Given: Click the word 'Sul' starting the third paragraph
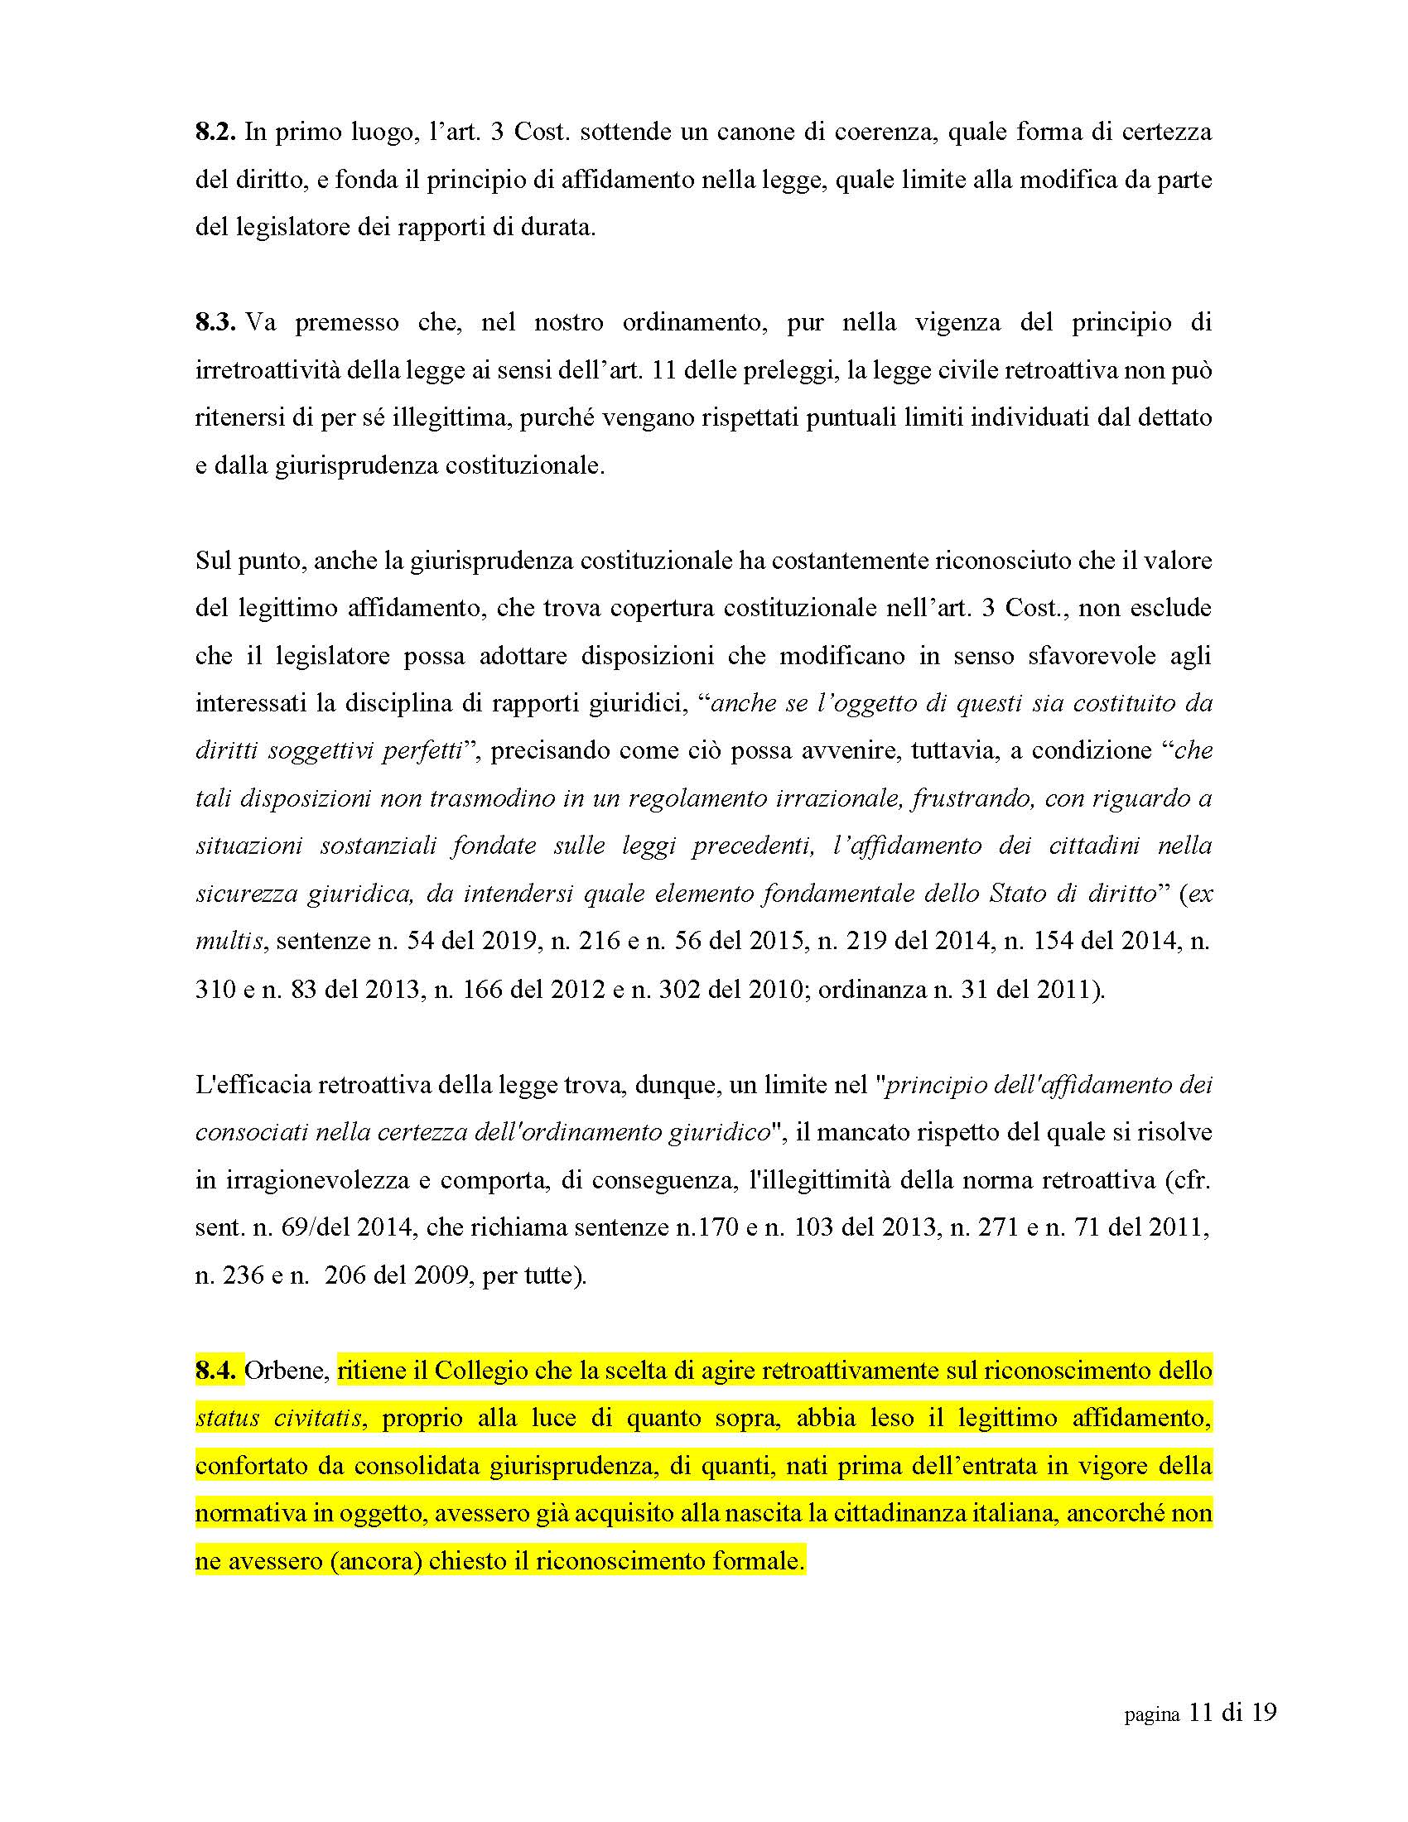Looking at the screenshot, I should point(213,561).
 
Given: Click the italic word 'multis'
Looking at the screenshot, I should point(231,942).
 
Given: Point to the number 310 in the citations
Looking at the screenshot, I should point(214,990).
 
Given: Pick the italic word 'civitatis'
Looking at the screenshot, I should point(322,1418).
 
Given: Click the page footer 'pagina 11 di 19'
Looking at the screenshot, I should point(1200,1714).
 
